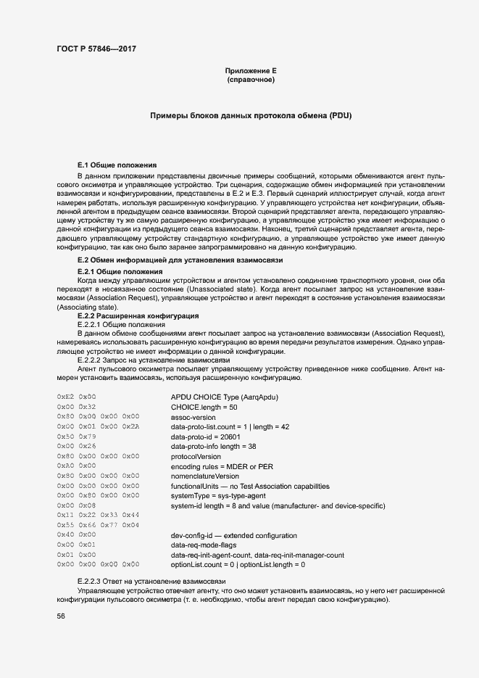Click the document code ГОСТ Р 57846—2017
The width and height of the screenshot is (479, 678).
pos(96,49)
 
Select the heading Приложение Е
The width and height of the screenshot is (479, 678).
pos(251,70)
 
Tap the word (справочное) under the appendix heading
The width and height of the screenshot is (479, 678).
pos(251,80)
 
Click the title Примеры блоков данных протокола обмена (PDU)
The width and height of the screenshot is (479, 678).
pos(251,116)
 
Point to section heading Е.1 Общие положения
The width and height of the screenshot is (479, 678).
pos(117,165)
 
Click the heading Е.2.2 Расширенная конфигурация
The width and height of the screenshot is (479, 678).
pos(138,316)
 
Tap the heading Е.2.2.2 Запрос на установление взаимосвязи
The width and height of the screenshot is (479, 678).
pos(153,360)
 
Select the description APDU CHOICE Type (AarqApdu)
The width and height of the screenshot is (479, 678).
pos(225,397)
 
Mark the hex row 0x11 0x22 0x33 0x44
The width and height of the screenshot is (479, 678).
pos(98,515)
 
